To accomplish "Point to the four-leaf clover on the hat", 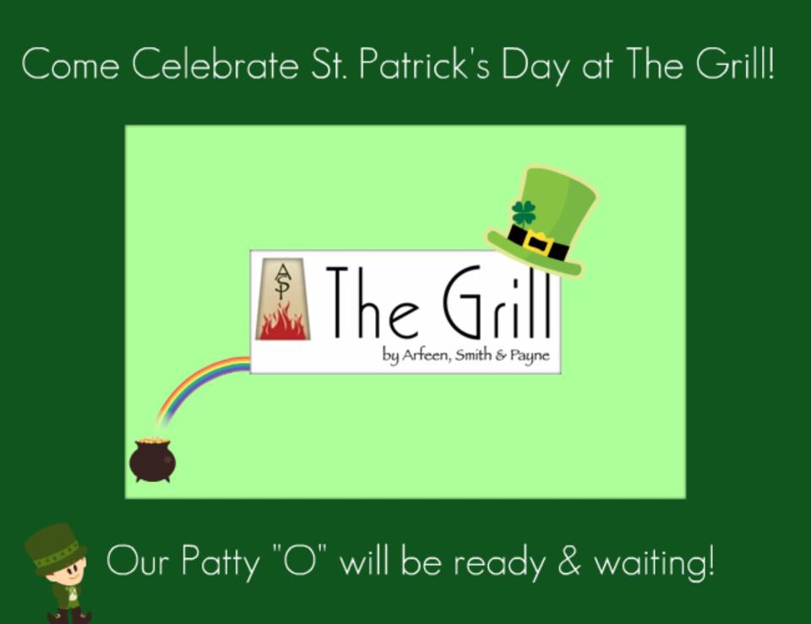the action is pyautogui.click(x=524, y=213).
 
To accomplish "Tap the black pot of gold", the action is pyautogui.click(x=152, y=460).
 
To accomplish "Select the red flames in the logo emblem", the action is pyautogui.click(x=282, y=323).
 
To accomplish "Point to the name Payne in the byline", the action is pyautogui.click(x=530, y=356).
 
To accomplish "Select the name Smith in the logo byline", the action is pyautogui.click(x=473, y=355).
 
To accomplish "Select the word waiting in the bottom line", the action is pyautogui.click(x=654, y=562).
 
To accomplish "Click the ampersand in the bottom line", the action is pyautogui.click(x=569, y=561).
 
